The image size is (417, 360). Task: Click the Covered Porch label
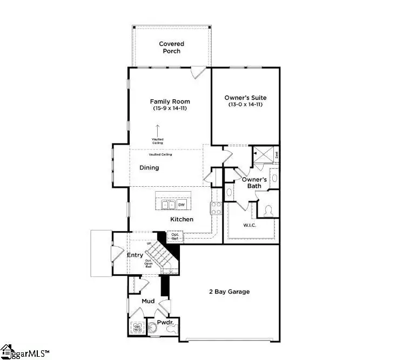[x=171, y=47]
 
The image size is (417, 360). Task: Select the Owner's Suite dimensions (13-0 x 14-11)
[x=245, y=104]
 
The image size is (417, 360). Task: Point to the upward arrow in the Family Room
[x=158, y=130]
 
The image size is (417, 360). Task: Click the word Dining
[x=149, y=168]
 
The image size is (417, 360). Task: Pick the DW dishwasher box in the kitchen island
[x=181, y=204]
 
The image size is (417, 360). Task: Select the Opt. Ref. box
[x=175, y=236]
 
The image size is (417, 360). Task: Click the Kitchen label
[x=181, y=220]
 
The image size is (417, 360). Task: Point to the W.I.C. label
[x=250, y=225]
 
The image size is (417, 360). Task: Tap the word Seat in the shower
[x=277, y=154]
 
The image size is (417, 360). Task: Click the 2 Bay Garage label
[x=229, y=292]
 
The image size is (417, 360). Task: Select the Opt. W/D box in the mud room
[x=137, y=328]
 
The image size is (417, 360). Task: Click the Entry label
[x=134, y=255]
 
